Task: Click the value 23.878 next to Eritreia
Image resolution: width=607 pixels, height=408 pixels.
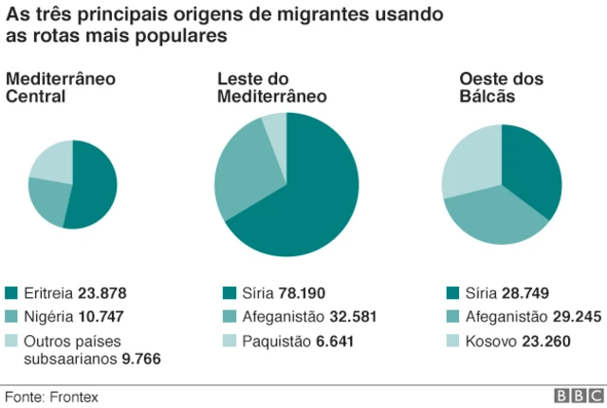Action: coord(103,293)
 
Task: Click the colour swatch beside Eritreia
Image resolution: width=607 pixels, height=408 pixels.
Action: coord(11,293)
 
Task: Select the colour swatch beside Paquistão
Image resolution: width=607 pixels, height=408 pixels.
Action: coord(229,339)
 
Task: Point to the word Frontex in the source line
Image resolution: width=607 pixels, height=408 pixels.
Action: coord(75,397)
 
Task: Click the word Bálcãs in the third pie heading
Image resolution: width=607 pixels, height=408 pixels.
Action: coord(487,96)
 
